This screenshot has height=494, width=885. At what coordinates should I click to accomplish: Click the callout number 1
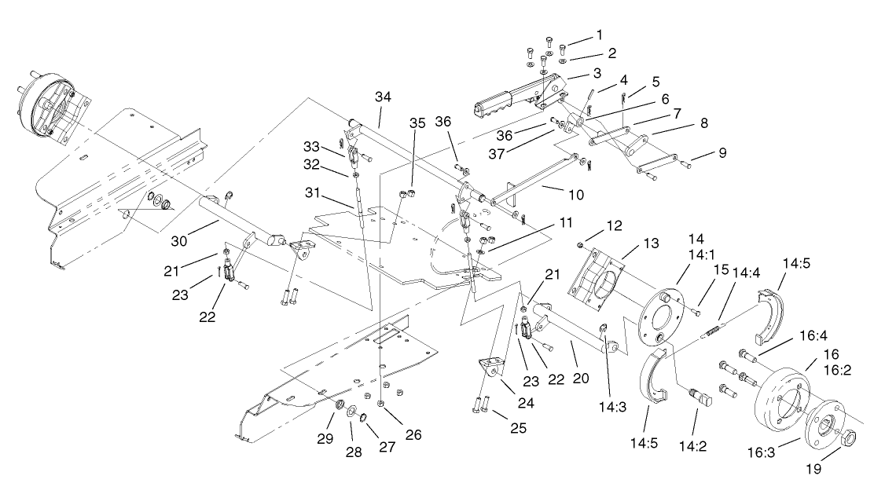point(600,35)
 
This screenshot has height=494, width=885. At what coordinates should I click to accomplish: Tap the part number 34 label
point(383,97)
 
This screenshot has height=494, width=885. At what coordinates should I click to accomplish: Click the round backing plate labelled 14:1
point(659,316)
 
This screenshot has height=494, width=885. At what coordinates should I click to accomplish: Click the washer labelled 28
point(352,411)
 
